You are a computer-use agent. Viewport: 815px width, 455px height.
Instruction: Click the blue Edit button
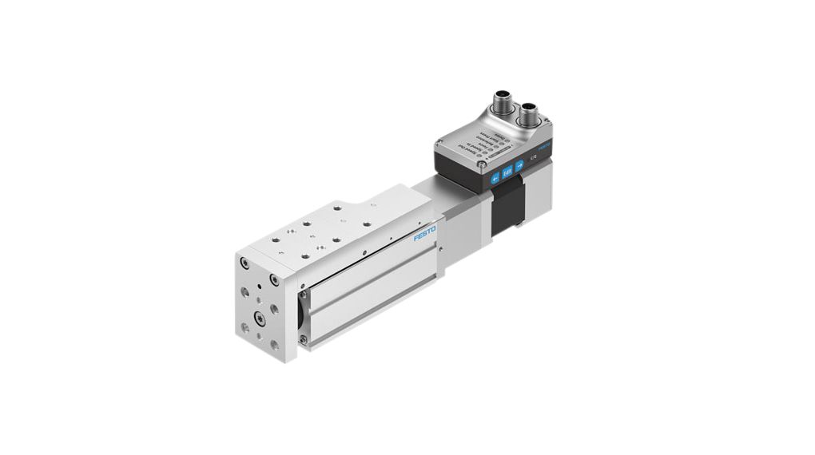pyautogui.click(x=507, y=171)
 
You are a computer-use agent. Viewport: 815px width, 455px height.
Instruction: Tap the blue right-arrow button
pyautogui.click(x=519, y=165)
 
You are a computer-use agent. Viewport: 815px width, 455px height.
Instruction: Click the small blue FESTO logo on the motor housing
pyautogui.click(x=543, y=148)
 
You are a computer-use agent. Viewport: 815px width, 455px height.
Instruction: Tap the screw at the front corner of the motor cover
pyautogui.click(x=482, y=165)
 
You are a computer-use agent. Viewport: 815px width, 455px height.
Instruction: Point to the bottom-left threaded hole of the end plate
pyautogui.click(x=245, y=327)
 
